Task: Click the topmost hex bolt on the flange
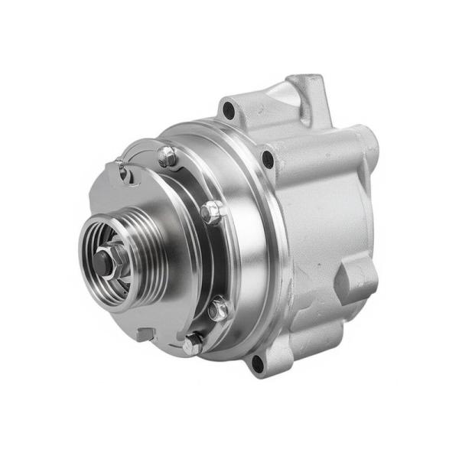click(x=166, y=157)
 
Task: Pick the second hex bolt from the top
click(x=211, y=211)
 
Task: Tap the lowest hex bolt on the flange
click(x=192, y=343)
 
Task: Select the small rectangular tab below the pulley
click(x=142, y=334)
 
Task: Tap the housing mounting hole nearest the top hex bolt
click(x=266, y=159)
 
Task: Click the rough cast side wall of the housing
click(x=321, y=229)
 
